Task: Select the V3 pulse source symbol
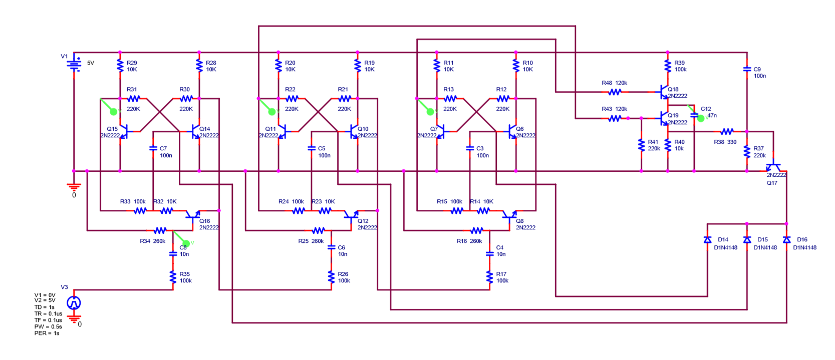click(x=74, y=302)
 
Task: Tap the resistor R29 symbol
click(x=120, y=66)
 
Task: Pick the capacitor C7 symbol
click(x=153, y=148)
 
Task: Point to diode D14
click(x=707, y=240)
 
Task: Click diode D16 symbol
click(x=786, y=240)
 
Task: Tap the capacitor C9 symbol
click(x=747, y=69)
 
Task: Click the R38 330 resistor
click(x=727, y=132)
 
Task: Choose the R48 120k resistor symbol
click(x=615, y=92)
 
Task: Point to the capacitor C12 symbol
click(x=694, y=115)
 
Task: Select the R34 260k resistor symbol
click(x=160, y=230)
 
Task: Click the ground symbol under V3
click(x=74, y=318)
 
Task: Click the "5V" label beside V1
click(x=91, y=63)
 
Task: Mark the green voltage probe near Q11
click(x=272, y=112)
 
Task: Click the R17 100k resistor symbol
click(x=489, y=277)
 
